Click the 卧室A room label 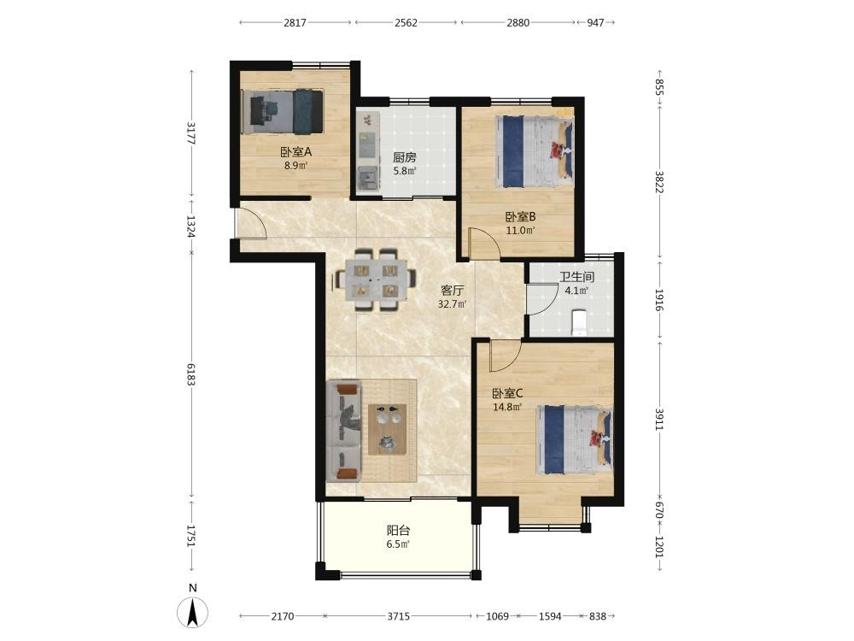pos(295,152)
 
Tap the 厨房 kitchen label pos(405,157)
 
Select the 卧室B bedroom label pos(520,216)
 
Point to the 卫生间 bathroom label pos(576,277)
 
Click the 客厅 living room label pos(452,291)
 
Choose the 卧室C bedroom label pos(507,393)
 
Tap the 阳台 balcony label pos(398,531)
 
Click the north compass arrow pos(192,612)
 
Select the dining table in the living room pos(374,280)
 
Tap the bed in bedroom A pos(283,111)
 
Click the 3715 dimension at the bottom pos(398,616)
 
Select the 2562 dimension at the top pos(406,22)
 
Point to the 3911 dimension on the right pos(659,419)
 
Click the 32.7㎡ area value pos(452,304)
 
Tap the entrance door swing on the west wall pos(250,224)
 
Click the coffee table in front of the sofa pos(387,429)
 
